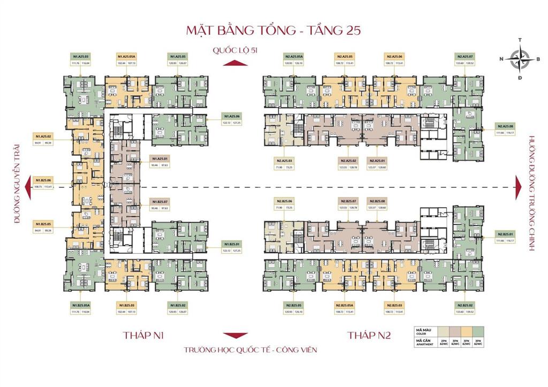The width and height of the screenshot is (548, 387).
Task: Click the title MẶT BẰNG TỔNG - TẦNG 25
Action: [x=273, y=29]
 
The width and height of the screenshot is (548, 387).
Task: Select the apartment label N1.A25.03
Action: [x=80, y=56]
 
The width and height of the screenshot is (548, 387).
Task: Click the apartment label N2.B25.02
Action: [x=465, y=305]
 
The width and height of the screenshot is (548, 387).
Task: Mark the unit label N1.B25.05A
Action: [x=80, y=305]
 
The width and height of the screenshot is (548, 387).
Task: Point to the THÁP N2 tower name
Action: [x=369, y=336]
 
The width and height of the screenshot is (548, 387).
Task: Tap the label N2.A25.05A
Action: [x=294, y=56]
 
